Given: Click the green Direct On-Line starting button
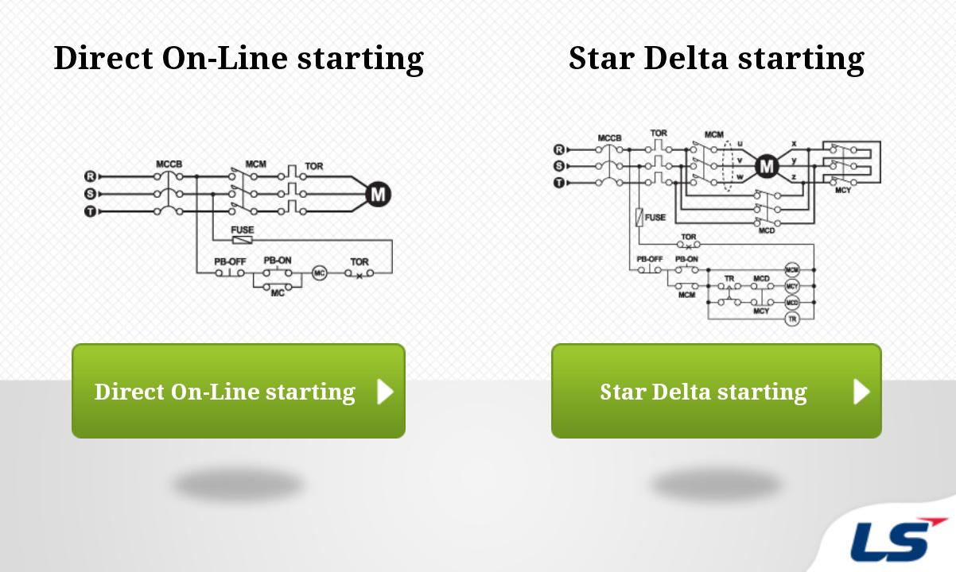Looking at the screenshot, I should coord(238,391).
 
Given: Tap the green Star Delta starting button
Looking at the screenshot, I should coord(716,391).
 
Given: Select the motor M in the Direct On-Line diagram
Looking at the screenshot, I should coord(378,194).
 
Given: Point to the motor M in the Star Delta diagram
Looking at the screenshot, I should coord(766,166).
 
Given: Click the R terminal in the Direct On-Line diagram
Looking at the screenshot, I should coord(90,176).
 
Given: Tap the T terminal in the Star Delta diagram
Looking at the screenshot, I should coord(558,183).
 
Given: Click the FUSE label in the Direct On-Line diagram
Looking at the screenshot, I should coord(243,230).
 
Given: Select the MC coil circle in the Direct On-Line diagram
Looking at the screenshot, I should coord(319,272).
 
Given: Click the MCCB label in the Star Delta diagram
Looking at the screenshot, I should coord(609,138).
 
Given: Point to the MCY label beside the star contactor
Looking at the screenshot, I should coord(843,191).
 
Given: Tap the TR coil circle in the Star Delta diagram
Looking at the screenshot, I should coord(791,319).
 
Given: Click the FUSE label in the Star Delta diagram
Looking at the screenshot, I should coord(655,217).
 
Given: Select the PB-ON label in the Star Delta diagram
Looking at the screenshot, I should coord(686,259).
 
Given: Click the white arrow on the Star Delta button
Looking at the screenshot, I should coord(861,391).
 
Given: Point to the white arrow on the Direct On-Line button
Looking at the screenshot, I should coord(385,391).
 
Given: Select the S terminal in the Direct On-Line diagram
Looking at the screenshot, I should coord(90,194).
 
